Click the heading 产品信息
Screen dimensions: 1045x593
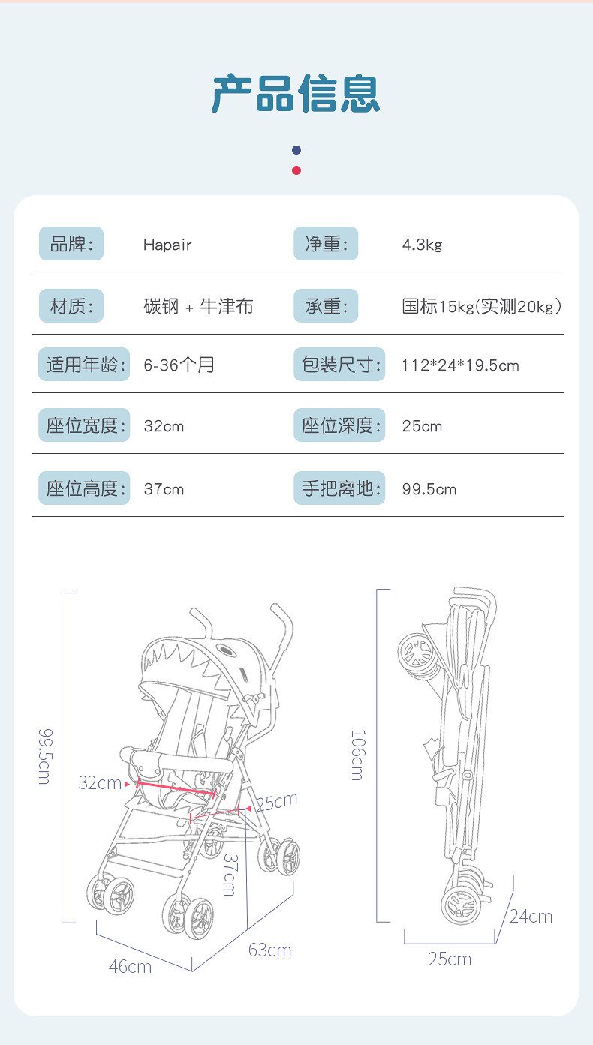[296, 94]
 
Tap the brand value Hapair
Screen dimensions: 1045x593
[167, 245]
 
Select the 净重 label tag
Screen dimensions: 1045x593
[326, 244]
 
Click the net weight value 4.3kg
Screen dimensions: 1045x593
[422, 245]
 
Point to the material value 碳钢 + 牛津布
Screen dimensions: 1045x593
[198, 306]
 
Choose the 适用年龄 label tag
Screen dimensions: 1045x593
[83, 365]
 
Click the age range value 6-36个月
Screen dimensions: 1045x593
[179, 365]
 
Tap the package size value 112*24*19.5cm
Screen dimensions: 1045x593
[460, 365]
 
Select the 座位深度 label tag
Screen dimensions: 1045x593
[339, 426]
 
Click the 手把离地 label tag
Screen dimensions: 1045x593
[339, 489]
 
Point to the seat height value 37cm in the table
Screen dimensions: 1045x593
[164, 489]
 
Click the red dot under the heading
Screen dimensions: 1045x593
[296, 170]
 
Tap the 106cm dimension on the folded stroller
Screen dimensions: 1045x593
[357, 755]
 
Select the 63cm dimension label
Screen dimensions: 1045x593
[269, 950]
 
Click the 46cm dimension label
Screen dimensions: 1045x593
[130, 966]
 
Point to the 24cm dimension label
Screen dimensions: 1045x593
[531, 917]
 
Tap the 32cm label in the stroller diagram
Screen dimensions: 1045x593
[100, 783]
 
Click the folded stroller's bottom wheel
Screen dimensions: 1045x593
[459, 906]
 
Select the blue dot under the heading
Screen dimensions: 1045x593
[296, 150]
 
